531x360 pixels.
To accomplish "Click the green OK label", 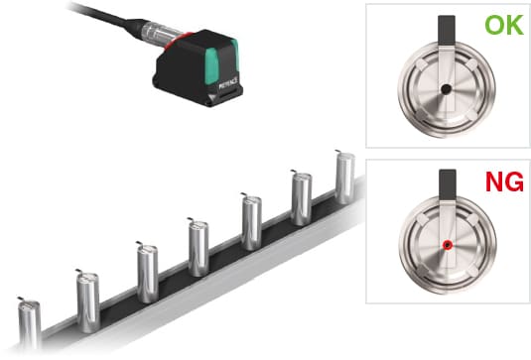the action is (x=504, y=25).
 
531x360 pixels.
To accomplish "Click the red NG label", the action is (x=504, y=181).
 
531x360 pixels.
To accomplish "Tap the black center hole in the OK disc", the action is (x=446, y=89).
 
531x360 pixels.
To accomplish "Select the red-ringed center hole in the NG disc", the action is (x=448, y=245).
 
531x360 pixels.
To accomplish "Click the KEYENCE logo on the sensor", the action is (x=228, y=82).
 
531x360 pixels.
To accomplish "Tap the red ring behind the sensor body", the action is (x=178, y=40).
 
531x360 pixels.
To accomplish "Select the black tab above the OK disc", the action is (x=447, y=30).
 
